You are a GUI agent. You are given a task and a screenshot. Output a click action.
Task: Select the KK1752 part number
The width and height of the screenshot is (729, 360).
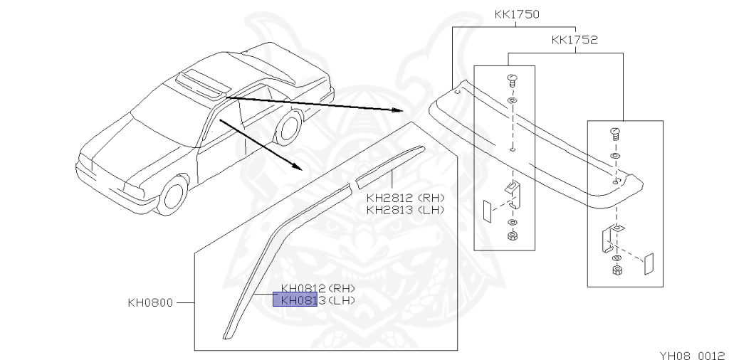pyautogui.click(x=574, y=41)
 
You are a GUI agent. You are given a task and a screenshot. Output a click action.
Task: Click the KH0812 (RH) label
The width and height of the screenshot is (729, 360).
pyautogui.click(x=318, y=288)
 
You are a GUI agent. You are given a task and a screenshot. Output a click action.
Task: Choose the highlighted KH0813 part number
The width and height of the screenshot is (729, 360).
pyautogui.click(x=295, y=300)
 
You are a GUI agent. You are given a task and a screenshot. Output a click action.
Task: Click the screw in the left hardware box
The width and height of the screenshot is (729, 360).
pyautogui.click(x=512, y=80)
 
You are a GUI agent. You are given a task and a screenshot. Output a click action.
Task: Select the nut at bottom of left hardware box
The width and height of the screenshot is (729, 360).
pyautogui.click(x=512, y=235)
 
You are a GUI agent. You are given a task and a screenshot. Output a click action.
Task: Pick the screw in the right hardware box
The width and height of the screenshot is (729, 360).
pyautogui.click(x=617, y=133)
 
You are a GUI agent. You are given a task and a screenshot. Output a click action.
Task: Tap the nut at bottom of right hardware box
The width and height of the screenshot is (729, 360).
pyautogui.click(x=617, y=270)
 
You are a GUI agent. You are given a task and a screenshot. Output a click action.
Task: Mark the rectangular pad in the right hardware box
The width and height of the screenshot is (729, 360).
pyautogui.click(x=648, y=263)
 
